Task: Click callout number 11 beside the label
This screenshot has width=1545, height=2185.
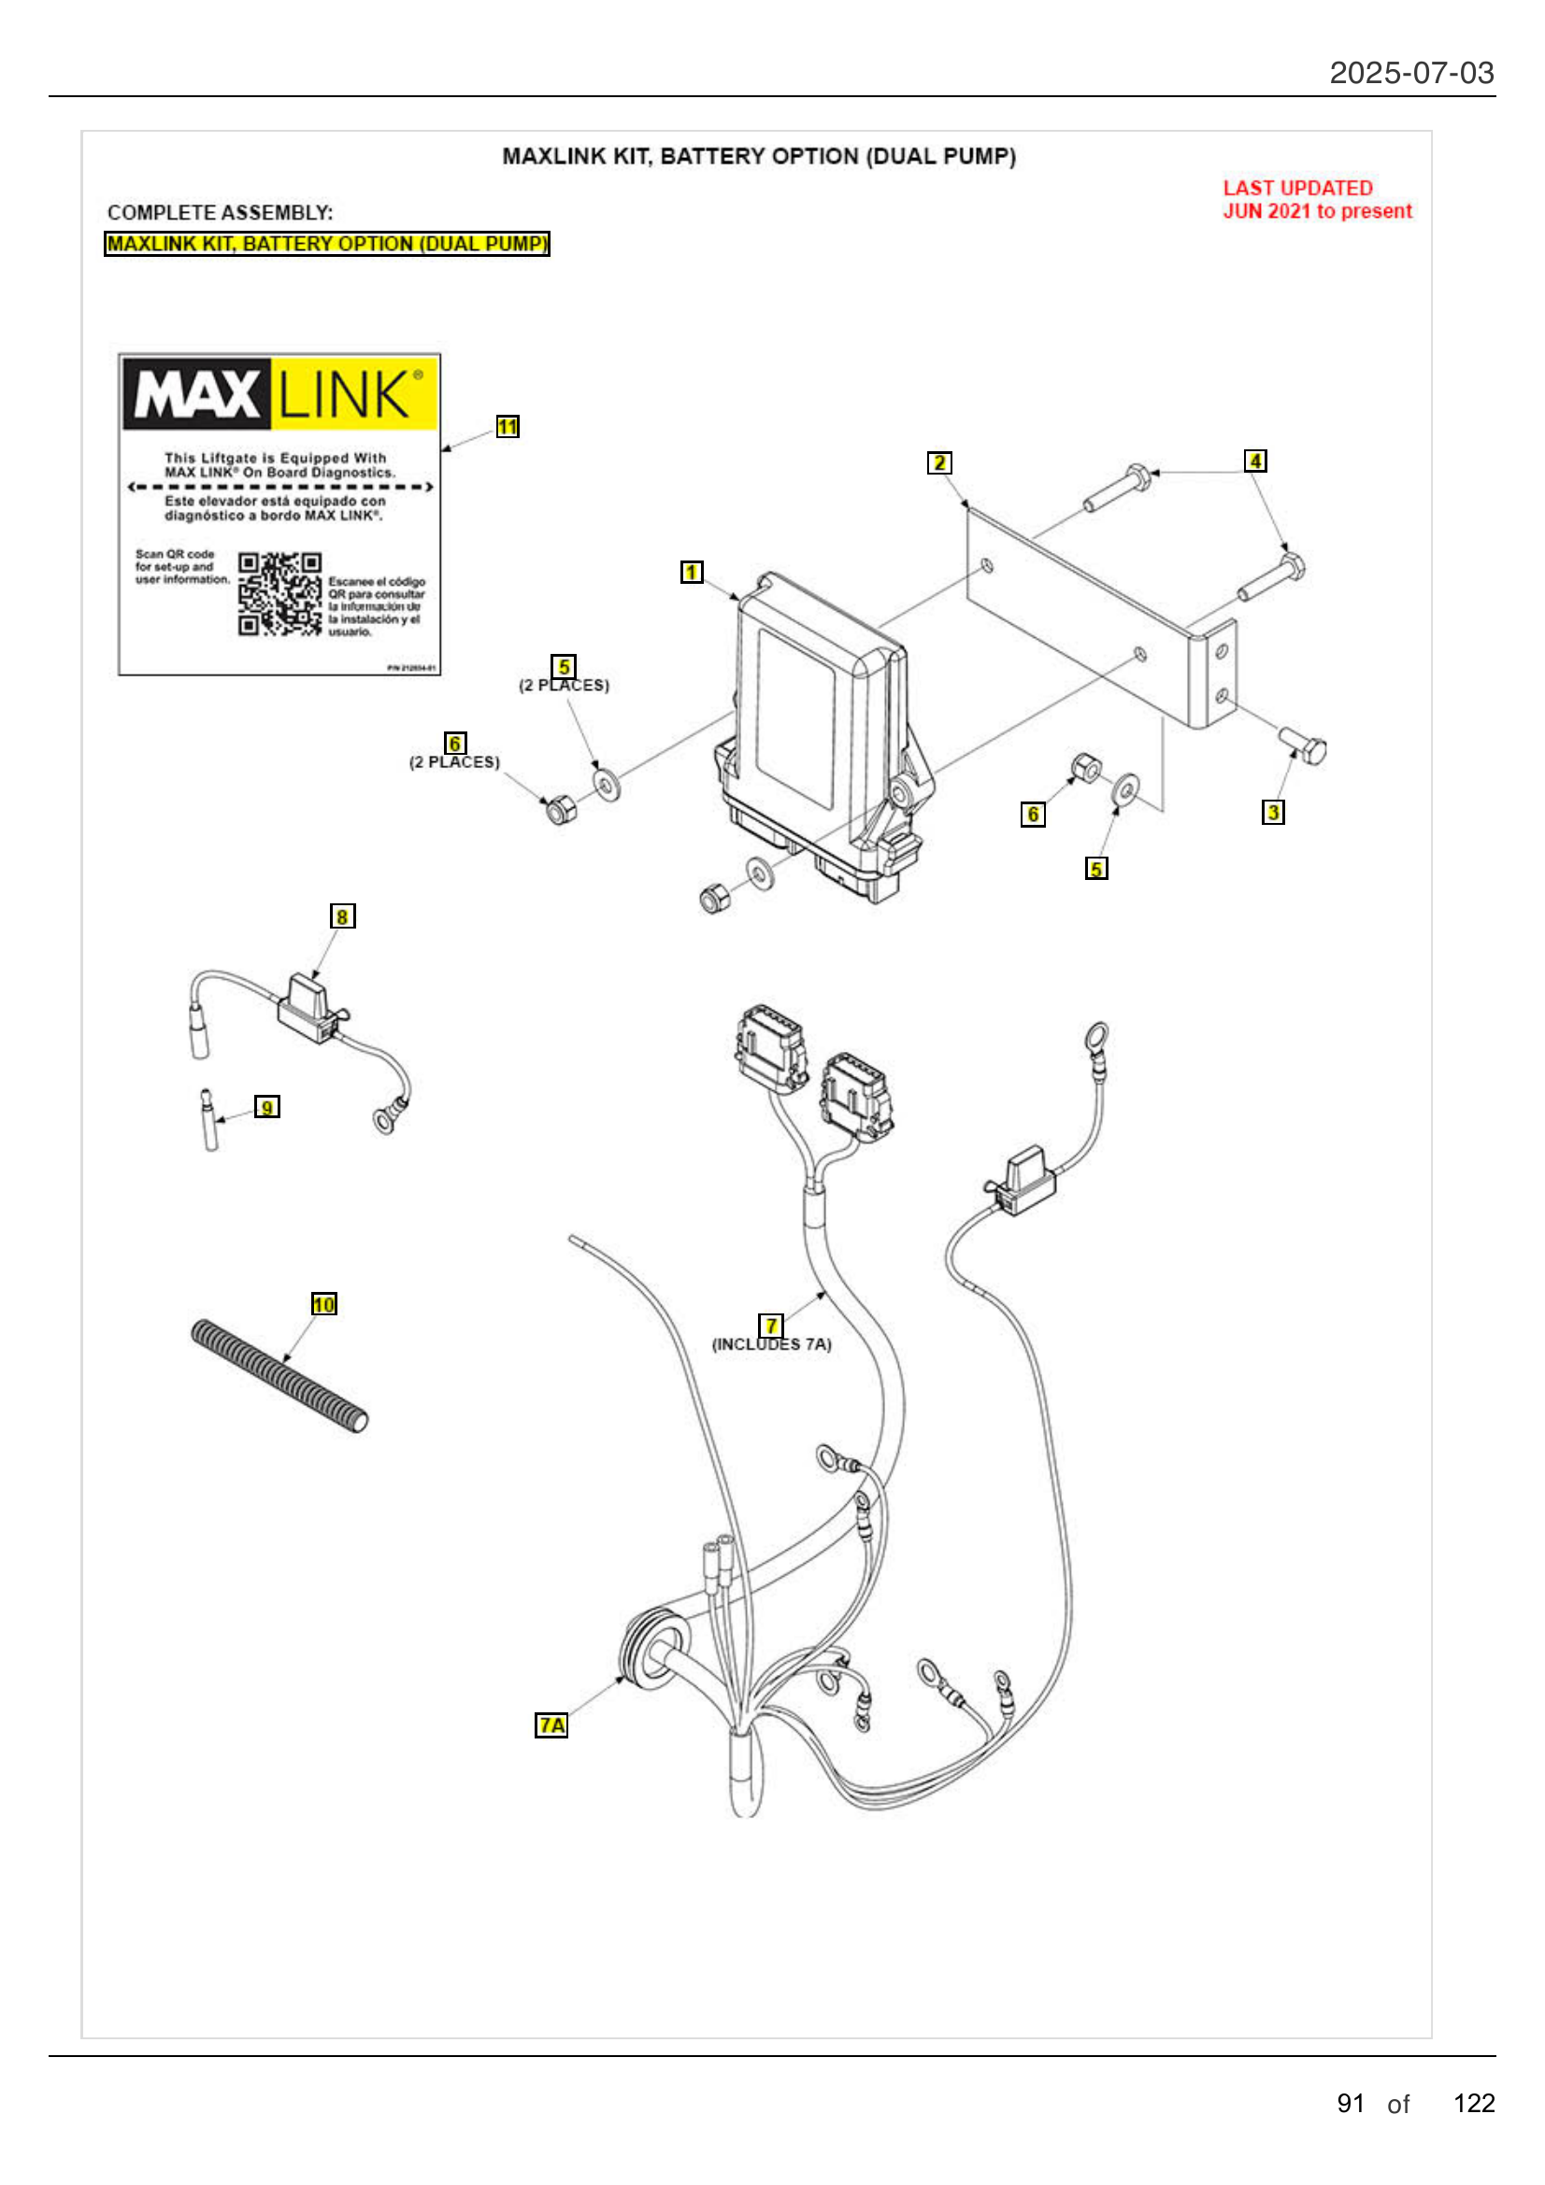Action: (508, 426)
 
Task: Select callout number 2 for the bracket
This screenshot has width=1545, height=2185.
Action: (938, 462)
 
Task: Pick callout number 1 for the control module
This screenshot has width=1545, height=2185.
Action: (691, 572)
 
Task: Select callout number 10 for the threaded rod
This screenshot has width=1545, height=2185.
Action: (323, 1304)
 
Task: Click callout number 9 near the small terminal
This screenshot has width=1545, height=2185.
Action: (266, 1107)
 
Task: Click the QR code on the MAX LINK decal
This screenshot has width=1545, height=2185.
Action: (279, 594)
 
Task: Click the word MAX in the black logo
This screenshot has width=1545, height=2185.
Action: (197, 394)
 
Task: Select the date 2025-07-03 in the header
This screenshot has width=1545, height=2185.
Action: (1410, 73)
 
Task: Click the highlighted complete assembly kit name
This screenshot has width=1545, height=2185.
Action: (326, 244)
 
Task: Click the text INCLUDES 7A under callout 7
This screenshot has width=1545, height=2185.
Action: (771, 1344)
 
